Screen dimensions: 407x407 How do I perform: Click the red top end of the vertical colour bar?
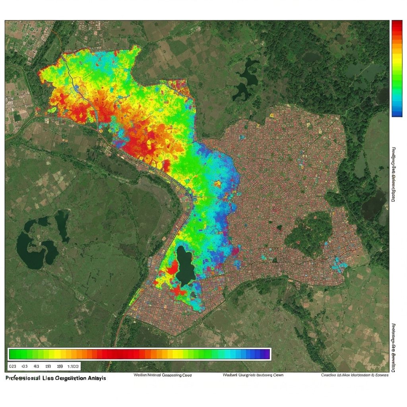point(397,25)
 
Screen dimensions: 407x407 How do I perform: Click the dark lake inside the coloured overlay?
point(185,266)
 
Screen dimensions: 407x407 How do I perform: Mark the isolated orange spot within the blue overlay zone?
point(217,184)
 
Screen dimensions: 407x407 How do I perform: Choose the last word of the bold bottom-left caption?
point(97,378)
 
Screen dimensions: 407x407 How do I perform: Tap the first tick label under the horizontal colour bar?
point(12,366)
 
